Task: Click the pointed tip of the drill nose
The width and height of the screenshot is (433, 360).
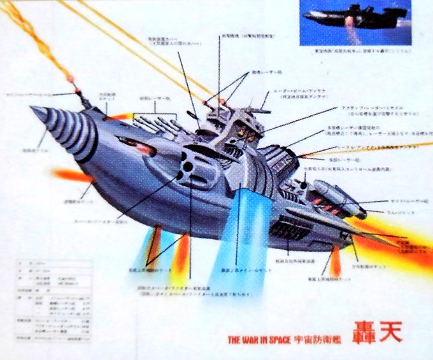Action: pyautogui.click(x=32, y=113)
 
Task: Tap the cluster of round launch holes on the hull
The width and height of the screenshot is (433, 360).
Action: pyautogui.click(x=188, y=166)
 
